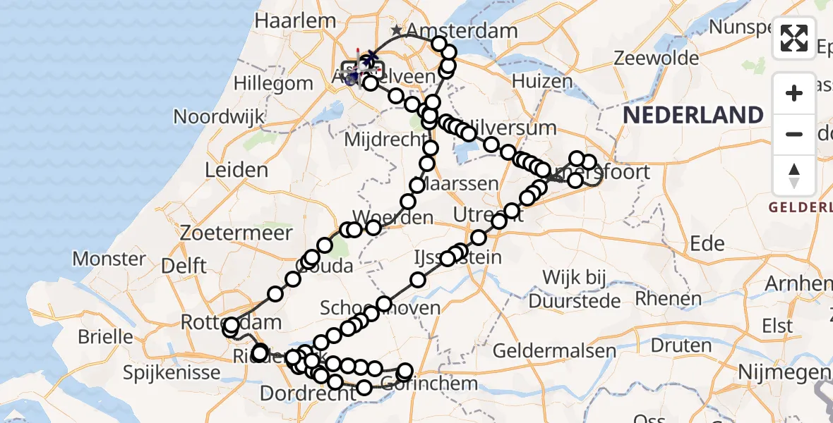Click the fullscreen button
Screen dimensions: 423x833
[794, 38]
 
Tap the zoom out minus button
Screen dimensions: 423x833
[794, 134]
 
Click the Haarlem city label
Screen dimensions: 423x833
[285, 21]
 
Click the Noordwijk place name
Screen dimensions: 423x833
[218, 116]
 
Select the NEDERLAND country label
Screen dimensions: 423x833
[693, 115]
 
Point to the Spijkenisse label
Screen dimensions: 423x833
[167, 371]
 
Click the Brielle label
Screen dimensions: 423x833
[105, 336]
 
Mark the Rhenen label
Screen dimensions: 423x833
[668, 298]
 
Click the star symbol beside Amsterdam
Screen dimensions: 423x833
[397, 30]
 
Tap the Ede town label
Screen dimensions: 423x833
[707, 244]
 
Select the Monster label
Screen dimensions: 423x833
[109, 259]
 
